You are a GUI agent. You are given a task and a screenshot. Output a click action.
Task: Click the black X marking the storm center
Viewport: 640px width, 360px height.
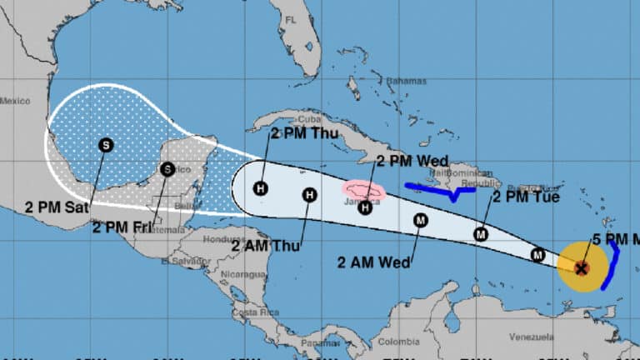tap(582, 267)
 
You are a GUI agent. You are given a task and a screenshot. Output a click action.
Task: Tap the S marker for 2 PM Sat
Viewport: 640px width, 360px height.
tap(106, 145)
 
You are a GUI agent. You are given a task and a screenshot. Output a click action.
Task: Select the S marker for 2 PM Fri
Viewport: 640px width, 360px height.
tap(167, 169)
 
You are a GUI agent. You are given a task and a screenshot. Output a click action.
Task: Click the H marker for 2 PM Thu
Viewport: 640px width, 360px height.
tap(260, 188)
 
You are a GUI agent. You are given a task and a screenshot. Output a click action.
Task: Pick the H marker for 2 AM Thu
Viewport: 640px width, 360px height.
tap(309, 195)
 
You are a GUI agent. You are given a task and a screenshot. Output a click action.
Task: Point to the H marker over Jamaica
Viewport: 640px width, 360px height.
tap(364, 207)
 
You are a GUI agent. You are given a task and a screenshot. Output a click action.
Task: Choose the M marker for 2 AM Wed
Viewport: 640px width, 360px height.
tap(421, 220)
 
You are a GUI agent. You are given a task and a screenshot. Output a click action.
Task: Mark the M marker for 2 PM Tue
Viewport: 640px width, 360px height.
tap(481, 234)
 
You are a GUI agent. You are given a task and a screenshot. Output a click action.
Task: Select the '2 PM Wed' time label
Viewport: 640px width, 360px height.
tap(412, 161)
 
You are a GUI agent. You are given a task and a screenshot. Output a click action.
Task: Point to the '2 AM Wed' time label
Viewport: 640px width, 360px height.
tap(373, 262)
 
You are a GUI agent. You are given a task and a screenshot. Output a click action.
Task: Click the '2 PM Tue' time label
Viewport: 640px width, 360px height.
tap(525, 197)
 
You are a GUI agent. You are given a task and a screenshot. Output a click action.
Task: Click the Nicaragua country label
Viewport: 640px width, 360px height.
tap(243, 273)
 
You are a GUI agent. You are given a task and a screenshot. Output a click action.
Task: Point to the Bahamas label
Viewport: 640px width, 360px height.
tap(407, 82)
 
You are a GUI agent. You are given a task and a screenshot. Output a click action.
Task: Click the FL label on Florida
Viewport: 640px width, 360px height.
tap(290, 19)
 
